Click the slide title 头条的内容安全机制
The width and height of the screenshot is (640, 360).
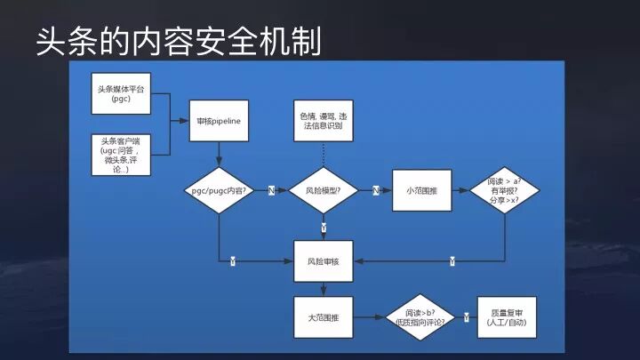coord(178,39)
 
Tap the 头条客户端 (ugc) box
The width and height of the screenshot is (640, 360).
coord(121,155)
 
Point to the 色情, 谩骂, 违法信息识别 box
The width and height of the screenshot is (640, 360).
coord(324,121)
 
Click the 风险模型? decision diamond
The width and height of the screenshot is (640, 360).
coord(324,190)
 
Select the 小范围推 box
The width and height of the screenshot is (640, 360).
coord(422,190)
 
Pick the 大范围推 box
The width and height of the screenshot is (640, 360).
coord(324,317)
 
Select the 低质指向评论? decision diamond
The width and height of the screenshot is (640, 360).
coord(425,317)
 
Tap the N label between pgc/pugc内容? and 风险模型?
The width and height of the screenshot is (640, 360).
coord(271,190)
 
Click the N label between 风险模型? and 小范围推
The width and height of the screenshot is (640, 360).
coord(375,190)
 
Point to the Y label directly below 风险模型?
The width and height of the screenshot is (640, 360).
coord(324,228)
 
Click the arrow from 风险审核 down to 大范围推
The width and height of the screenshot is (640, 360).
coord(324,290)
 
